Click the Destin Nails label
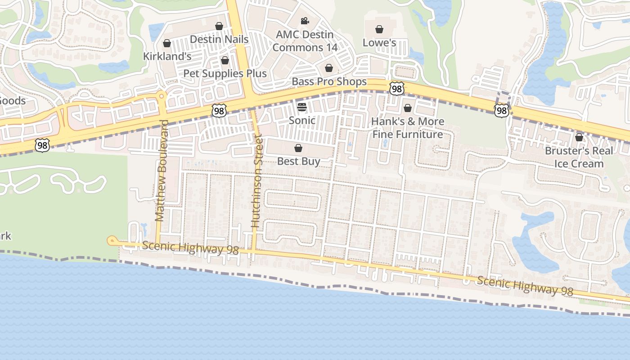pyautogui.click(x=219, y=39)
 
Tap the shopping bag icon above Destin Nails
pyautogui.click(x=219, y=26)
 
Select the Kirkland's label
pyautogui.click(x=167, y=56)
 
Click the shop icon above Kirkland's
pyautogui.click(x=167, y=43)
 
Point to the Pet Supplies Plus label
pyautogui.click(x=225, y=73)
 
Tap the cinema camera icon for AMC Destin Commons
pyautogui.click(x=305, y=21)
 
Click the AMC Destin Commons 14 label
pyautogui.click(x=305, y=41)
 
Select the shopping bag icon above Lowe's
pyautogui.click(x=379, y=30)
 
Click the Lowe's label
pyautogui.click(x=379, y=43)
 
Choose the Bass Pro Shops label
pyautogui.click(x=329, y=81)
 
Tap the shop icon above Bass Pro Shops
pyautogui.click(x=329, y=68)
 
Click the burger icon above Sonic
pyautogui.click(x=302, y=107)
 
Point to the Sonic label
pyautogui.click(x=302, y=120)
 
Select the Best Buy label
pyautogui.click(x=298, y=161)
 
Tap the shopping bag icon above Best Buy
pyautogui.click(x=298, y=148)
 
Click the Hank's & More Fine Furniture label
pyautogui.click(x=408, y=128)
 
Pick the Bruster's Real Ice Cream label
pyautogui.click(x=579, y=157)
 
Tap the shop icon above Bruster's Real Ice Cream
pyautogui.click(x=579, y=137)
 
